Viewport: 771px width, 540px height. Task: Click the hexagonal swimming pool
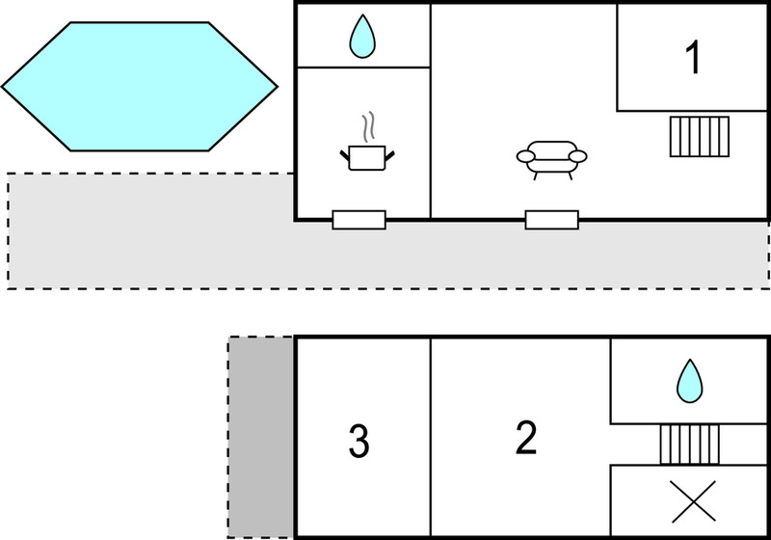click(x=140, y=87)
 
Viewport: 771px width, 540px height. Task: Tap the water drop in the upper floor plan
click(x=362, y=37)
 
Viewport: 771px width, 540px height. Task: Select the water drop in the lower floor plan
click(x=690, y=381)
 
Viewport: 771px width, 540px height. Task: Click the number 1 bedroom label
click(x=693, y=58)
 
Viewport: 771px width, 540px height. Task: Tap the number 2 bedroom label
click(x=526, y=437)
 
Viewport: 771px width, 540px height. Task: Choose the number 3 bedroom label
click(x=359, y=441)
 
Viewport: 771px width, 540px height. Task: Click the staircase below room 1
click(x=700, y=137)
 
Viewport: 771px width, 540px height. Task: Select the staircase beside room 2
click(x=689, y=445)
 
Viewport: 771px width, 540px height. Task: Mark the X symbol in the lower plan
click(x=694, y=501)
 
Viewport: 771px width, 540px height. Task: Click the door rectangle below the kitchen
click(x=359, y=220)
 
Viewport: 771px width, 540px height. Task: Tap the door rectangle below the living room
click(x=551, y=220)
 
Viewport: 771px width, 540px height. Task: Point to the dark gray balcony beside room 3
click(x=260, y=437)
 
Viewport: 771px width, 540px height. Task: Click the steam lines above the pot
click(x=369, y=127)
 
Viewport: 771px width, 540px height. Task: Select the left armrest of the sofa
click(x=525, y=156)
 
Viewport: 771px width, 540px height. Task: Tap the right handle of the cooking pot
click(x=389, y=156)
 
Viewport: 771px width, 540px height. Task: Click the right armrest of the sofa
click(x=577, y=156)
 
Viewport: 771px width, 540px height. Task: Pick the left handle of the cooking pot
click(x=345, y=156)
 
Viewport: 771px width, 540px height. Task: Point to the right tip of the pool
click(x=278, y=87)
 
